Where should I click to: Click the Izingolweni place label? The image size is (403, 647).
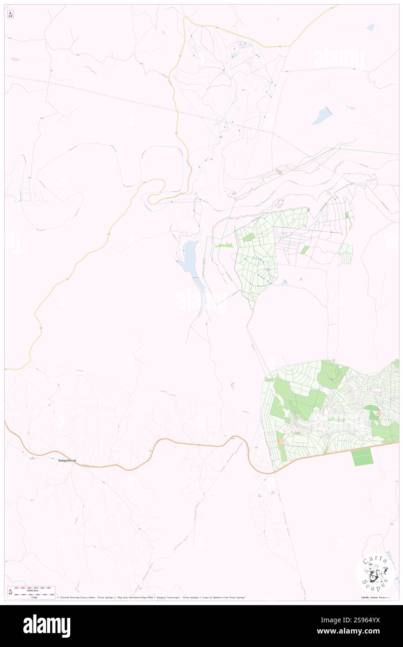tap(67, 461)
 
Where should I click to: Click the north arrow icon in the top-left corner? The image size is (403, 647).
tap(10, 14)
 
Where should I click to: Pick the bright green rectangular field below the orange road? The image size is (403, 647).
tap(362, 457)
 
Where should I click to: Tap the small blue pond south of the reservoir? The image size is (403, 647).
tap(233, 386)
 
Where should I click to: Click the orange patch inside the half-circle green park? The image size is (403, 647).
tap(378, 413)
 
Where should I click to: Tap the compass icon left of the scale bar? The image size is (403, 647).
tap(10, 592)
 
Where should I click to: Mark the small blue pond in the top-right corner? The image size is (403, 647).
tap(370, 27)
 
